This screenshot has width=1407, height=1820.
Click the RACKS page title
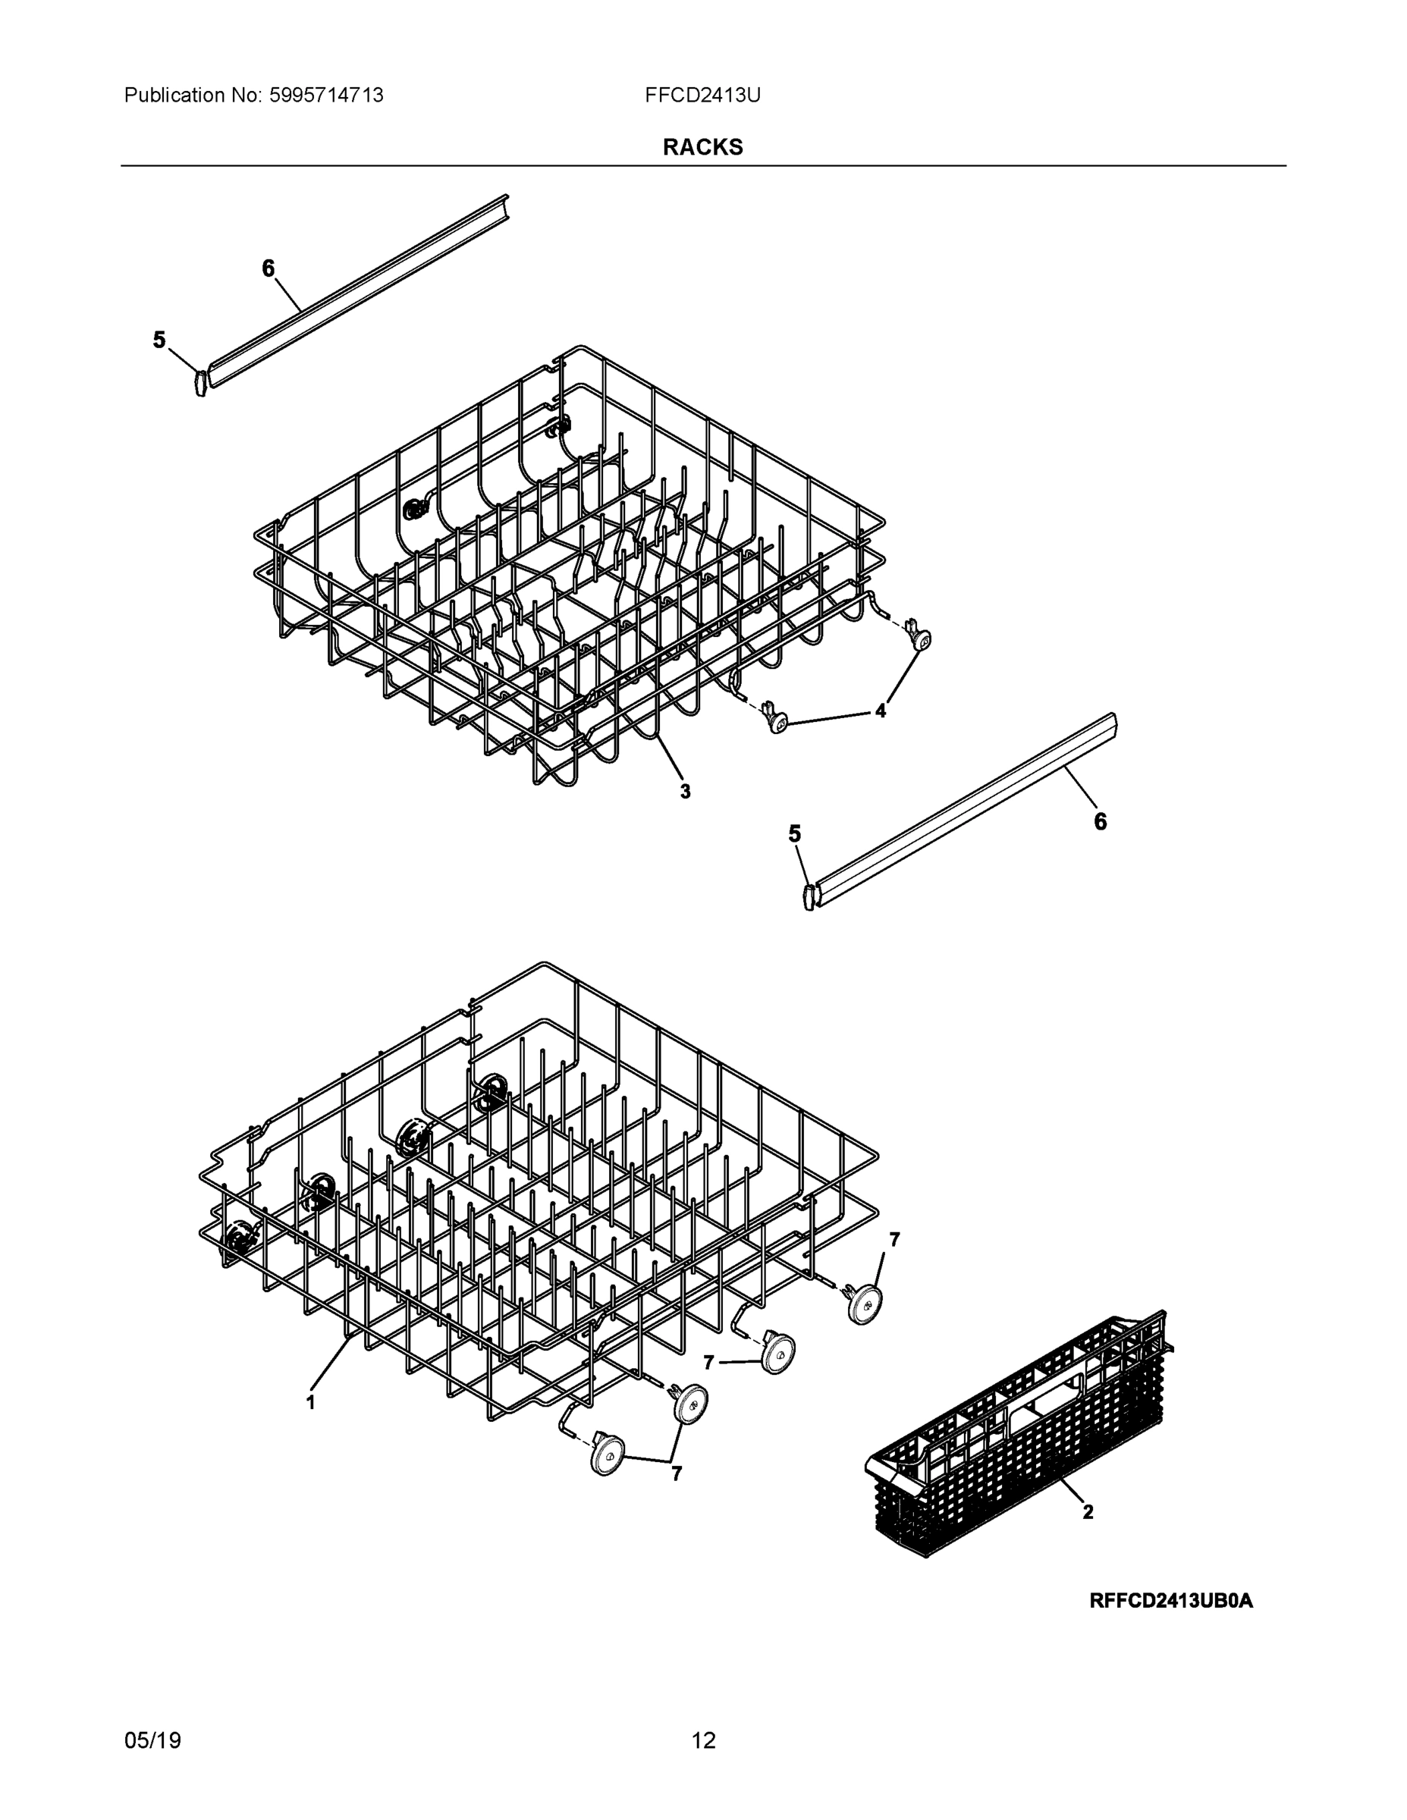[702, 148]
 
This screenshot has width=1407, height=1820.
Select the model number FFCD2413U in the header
[702, 96]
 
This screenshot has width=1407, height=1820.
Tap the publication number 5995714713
[326, 96]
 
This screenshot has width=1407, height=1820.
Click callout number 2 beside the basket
[1088, 1511]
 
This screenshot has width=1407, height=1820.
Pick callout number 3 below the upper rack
[685, 792]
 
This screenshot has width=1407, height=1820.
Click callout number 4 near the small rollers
[880, 711]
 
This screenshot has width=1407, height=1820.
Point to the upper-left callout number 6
[268, 268]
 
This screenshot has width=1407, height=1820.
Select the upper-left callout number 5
[159, 340]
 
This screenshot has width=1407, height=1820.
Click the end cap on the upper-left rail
[200, 382]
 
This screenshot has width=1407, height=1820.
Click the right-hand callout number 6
[1101, 822]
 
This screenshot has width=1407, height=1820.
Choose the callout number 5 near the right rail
[794, 834]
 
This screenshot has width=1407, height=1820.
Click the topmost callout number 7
[894, 1240]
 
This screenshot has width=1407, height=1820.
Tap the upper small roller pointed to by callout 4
[920, 639]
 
